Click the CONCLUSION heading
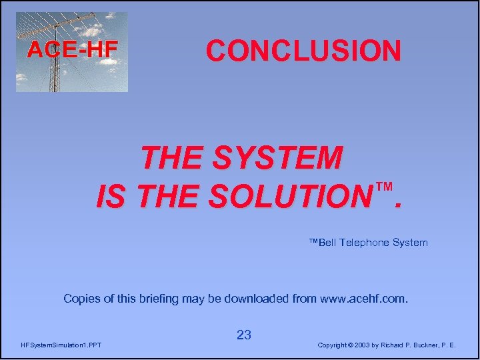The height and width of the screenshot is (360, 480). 303,51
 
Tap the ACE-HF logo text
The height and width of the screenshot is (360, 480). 72,49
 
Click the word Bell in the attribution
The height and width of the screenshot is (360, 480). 327,243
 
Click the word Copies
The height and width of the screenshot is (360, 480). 80,299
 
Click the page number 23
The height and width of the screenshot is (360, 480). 244,335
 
